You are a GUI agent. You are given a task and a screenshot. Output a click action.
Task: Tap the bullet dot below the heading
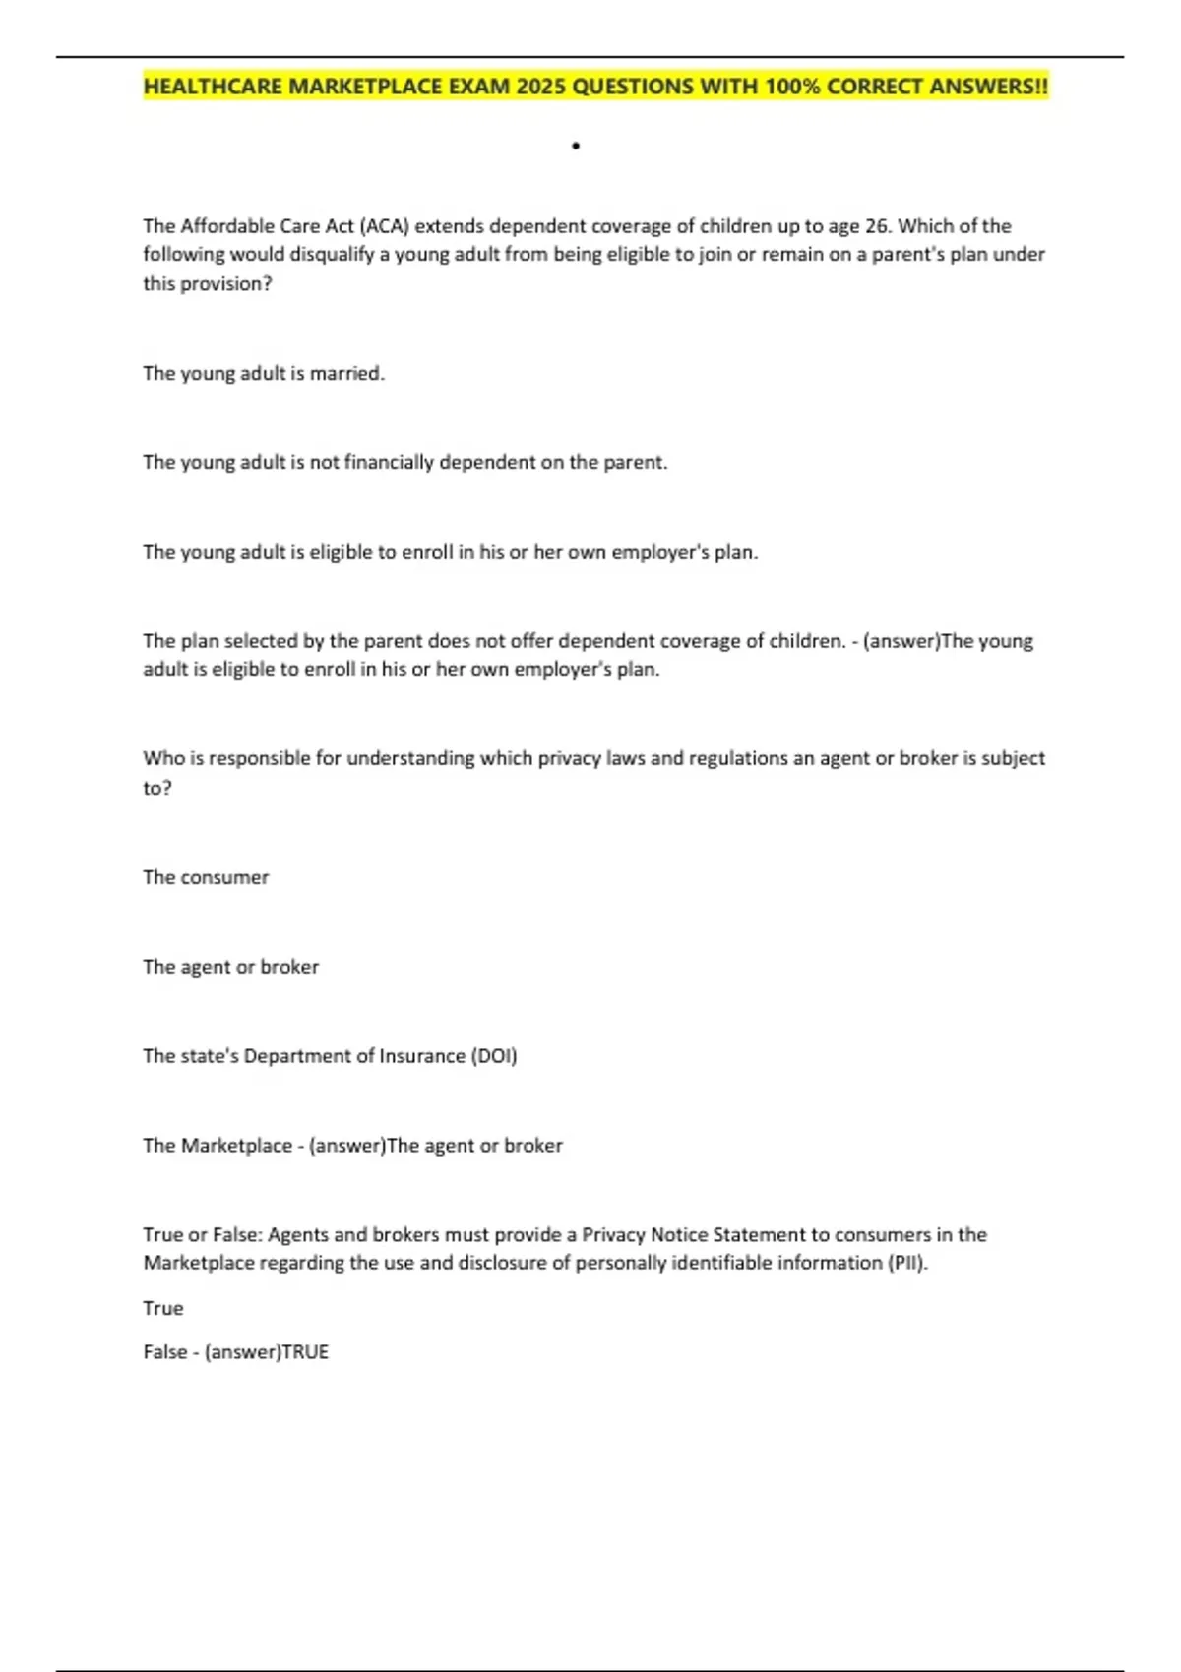pyautogui.click(x=576, y=147)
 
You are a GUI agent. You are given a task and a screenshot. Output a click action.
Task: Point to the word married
pyautogui.click(x=346, y=374)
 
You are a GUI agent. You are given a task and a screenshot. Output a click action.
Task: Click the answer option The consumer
pyautogui.click(x=206, y=877)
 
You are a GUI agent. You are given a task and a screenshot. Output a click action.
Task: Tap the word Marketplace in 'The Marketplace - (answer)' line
pyautogui.click(x=236, y=1146)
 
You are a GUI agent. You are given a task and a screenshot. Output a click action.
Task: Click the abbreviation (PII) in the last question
pyautogui.click(x=907, y=1263)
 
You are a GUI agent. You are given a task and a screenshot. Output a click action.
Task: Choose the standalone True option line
pyautogui.click(x=163, y=1308)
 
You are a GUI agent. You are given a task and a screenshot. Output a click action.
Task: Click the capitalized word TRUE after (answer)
pyautogui.click(x=305, y=1352)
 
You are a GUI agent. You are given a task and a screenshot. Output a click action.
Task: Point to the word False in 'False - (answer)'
pyautogui.click(x=164, y=1352)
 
